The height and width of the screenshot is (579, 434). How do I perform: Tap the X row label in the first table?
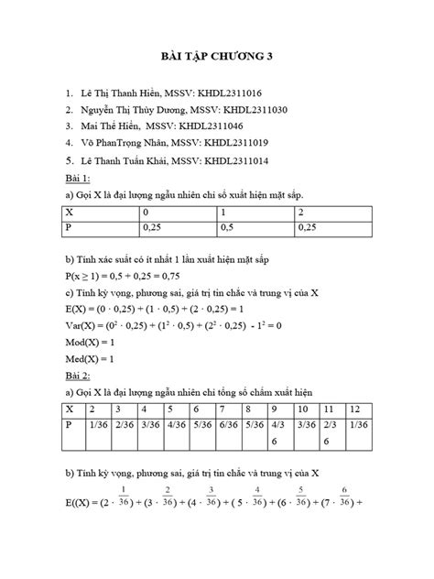tap(69, 212)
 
